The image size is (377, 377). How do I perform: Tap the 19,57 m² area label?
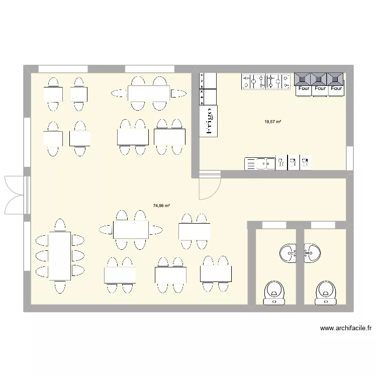(x=273, y=122)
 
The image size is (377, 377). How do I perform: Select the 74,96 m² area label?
(x=161, y=206)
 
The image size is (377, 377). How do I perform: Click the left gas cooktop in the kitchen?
(x=254, y=82)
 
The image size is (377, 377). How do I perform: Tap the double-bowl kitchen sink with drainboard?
(x=260, y=163)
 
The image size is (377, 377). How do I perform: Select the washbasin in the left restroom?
(x=288, y=251)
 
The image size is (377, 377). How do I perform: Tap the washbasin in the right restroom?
(x=312, y=251)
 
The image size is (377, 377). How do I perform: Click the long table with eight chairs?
(x=59, y=255)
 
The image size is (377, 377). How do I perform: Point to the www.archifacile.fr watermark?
(x=345, y=329)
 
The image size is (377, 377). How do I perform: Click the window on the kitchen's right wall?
(x=350, y=158)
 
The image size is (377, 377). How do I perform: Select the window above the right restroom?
(x=323, y=225)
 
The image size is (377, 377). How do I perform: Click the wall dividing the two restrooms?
(x=300, y=266)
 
